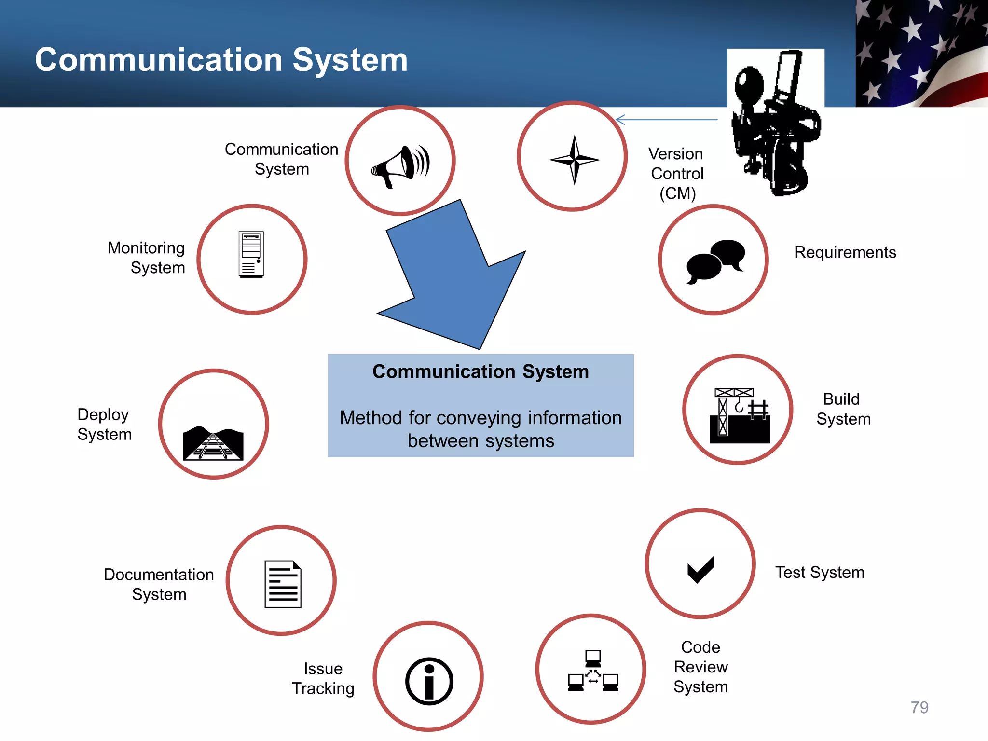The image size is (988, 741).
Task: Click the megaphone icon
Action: click(400, 166)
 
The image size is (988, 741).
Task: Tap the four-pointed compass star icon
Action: click(574, 159)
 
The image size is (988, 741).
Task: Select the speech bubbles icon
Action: click(715, 261)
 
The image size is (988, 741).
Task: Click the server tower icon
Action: click(251, 254)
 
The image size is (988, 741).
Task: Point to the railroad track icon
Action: click(213, 443)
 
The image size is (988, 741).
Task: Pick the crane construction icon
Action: click(739, 415)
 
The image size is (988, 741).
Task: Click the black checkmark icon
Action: click(700, 569)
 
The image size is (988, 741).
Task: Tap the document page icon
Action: click(283, 584)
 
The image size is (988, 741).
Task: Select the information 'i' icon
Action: click(429, 681)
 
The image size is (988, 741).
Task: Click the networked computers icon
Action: click(593, 671)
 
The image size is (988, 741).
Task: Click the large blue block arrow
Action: click(453, 280)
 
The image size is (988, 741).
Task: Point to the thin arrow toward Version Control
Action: click(667, 120)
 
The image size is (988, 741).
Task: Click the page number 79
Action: click(919, 707)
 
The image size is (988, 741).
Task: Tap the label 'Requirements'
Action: click(845, 252)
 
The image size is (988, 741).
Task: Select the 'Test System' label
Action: click(820, 573)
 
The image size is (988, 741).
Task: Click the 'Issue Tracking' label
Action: click(323, 678)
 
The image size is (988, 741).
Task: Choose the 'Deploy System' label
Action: click(104, 424)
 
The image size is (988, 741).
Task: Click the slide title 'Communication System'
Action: click(221, 60)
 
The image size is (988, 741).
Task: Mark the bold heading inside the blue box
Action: click(480, 371)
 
